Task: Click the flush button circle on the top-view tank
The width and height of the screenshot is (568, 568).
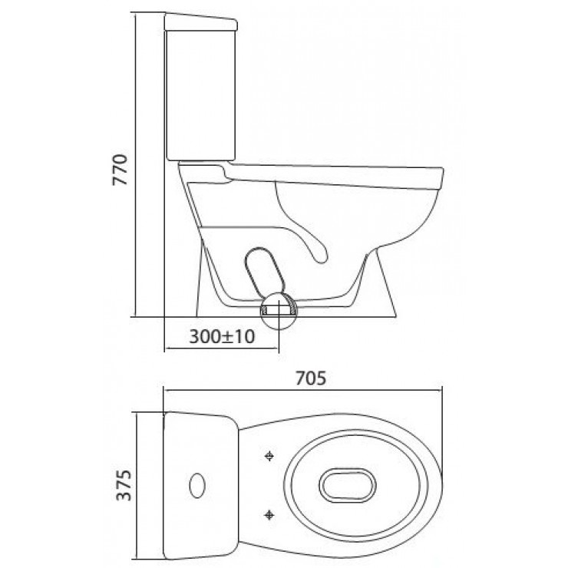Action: pos(197,485)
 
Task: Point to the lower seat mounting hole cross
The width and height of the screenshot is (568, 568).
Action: pos(269,512)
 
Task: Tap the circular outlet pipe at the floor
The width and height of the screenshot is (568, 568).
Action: pos(276,311)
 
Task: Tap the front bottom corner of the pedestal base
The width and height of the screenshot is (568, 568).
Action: pos(395,316)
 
